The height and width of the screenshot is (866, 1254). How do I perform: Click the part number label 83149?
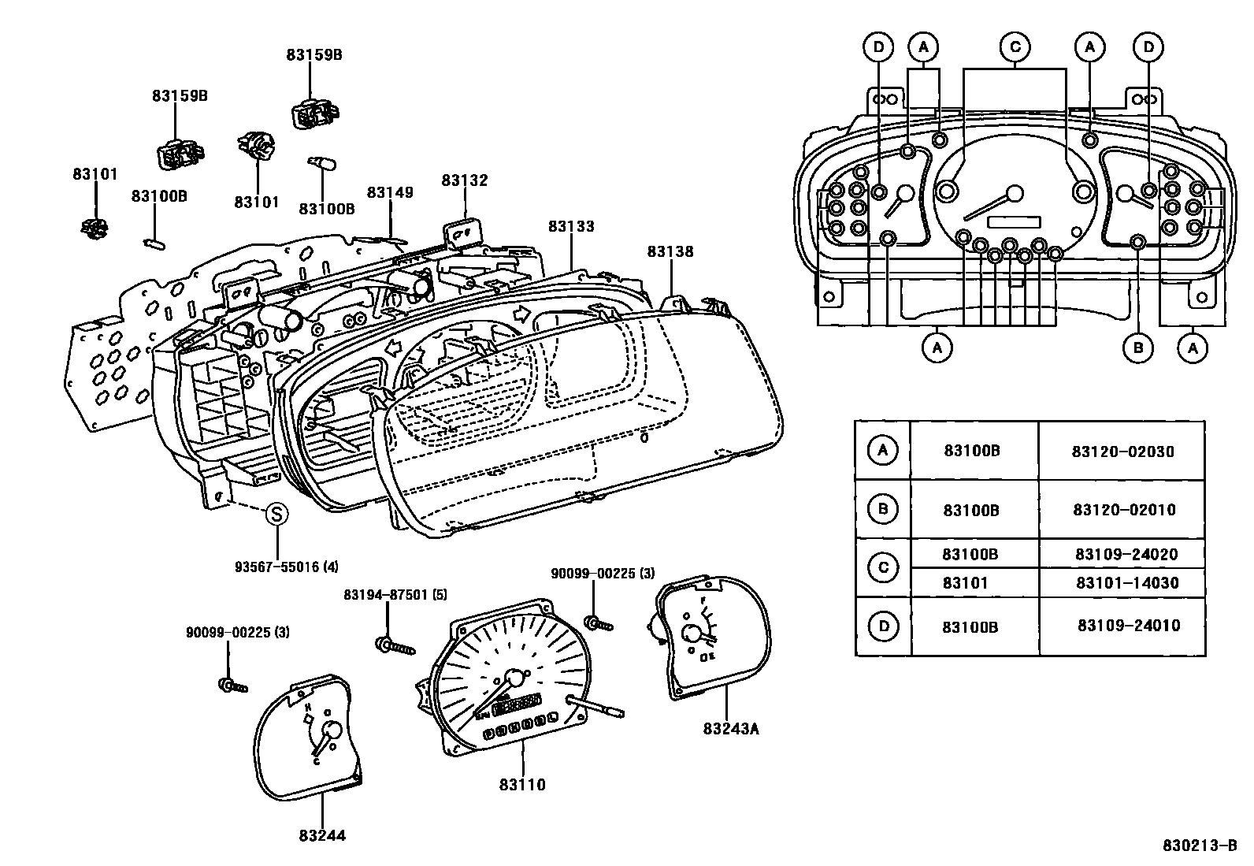390,192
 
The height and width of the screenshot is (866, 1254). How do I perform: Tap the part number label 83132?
465,180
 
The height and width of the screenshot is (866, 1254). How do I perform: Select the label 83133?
571,226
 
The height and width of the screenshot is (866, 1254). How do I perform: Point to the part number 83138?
670,251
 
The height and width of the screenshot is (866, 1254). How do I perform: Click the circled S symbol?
276,514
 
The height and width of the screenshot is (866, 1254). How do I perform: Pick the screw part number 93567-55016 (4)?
287,567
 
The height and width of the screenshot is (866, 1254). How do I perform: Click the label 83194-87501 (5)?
395,594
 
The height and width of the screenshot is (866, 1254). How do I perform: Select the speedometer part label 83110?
522,785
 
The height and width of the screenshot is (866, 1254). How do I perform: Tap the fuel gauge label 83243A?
731,729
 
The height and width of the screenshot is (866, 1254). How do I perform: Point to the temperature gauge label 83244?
322,835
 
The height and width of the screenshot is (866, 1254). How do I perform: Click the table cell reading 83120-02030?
1123,452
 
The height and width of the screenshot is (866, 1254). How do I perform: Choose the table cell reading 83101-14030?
1127,582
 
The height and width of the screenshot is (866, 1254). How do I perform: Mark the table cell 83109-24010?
1129,625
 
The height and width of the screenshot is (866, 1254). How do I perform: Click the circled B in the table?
883,508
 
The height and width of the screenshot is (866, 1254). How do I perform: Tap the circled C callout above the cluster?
1015,47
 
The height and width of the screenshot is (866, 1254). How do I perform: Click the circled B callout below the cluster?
1138,348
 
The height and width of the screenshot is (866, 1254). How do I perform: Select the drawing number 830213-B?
1200,846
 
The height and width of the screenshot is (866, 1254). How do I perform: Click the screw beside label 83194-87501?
395,646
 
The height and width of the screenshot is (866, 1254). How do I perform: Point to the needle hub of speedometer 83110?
514,678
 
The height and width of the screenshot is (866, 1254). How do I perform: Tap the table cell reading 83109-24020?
1126,554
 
